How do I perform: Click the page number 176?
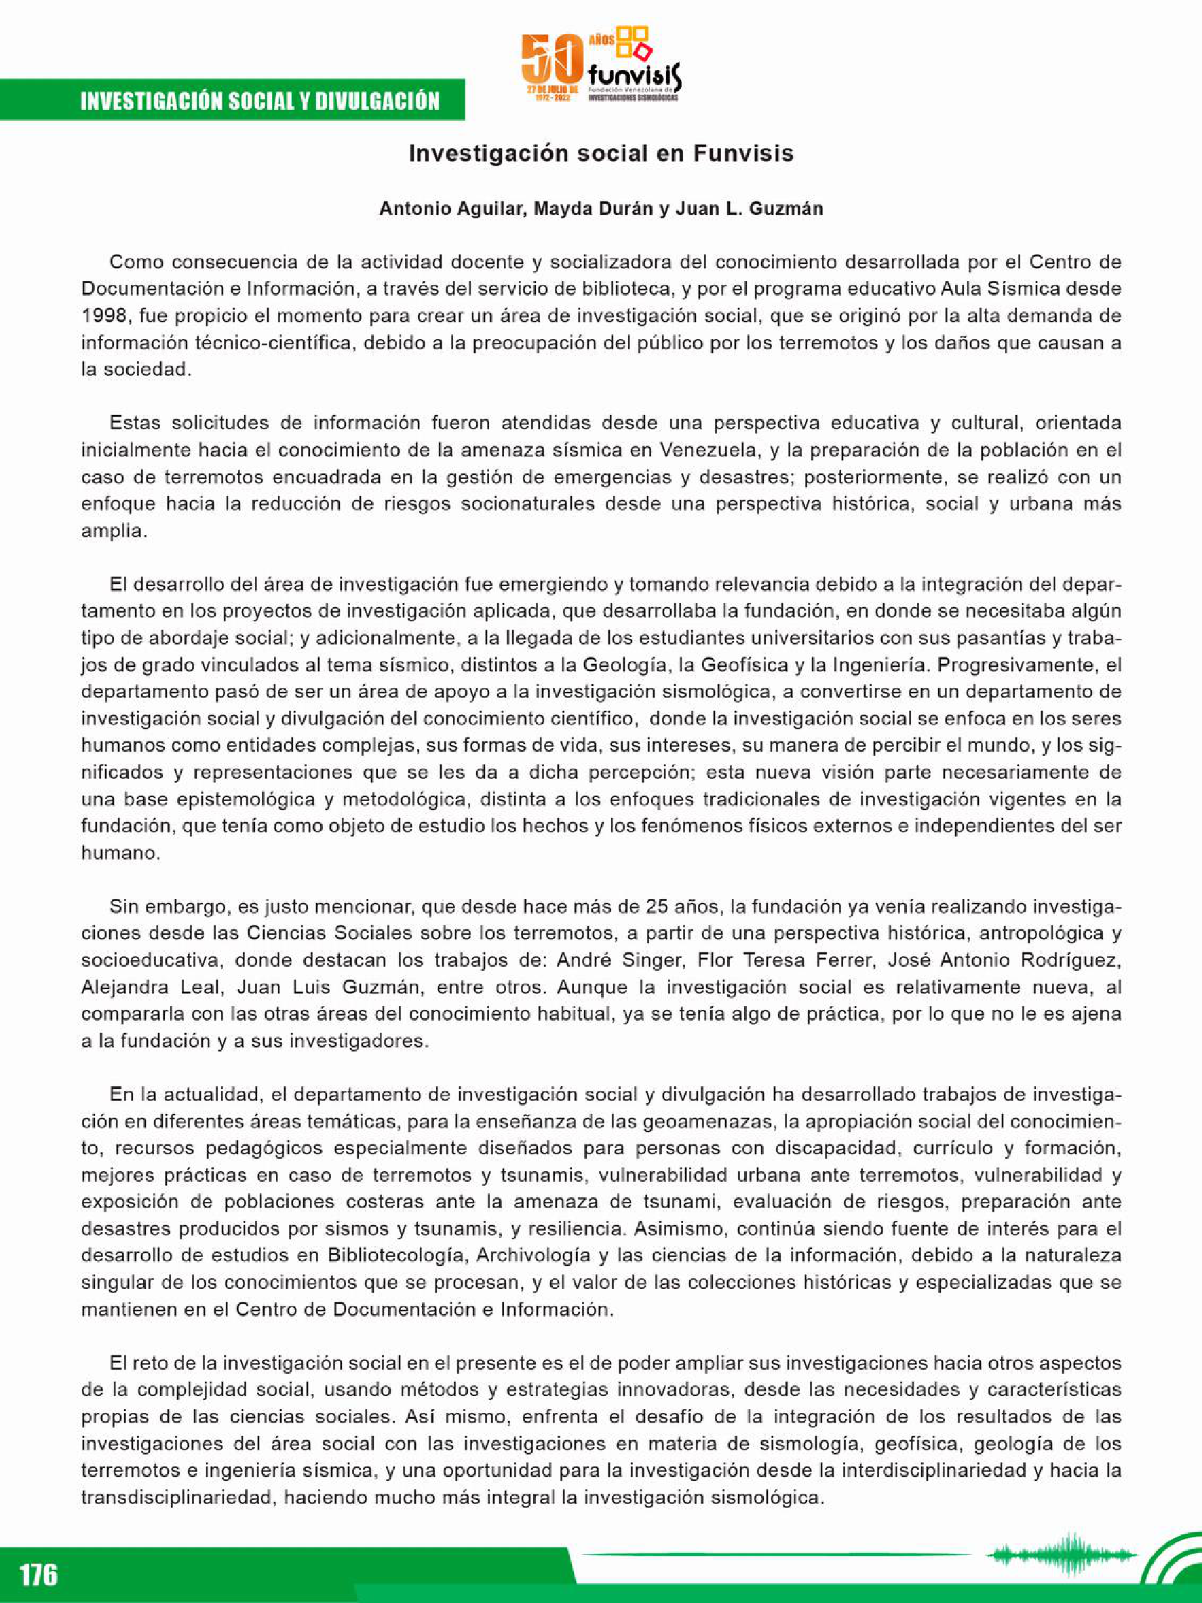[x=39, y=1574]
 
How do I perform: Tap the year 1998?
[x=105, y=316]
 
